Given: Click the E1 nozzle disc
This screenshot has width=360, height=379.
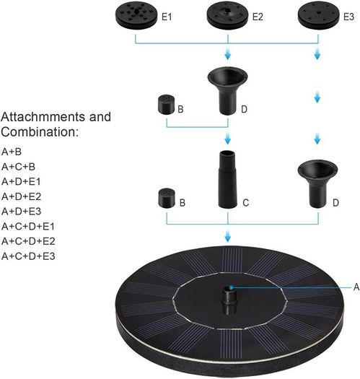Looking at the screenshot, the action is point(136,16).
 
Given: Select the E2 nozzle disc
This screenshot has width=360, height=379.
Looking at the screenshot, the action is point(227,16).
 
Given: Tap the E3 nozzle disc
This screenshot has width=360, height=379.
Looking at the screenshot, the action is point(318,16).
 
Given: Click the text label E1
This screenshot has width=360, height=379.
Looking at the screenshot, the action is point(167,17).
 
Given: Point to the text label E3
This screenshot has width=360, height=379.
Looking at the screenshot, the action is point(348,17).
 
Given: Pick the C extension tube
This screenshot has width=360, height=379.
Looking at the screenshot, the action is point(227,179).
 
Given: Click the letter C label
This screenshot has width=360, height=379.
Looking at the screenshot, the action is point(246,203).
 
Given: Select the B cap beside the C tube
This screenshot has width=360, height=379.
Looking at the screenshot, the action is point(167,198).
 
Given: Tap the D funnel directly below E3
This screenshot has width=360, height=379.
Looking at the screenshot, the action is point(317,183).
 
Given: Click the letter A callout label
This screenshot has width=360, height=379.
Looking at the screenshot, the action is point(356,287).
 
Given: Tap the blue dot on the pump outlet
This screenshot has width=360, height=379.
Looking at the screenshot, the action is point(232,287).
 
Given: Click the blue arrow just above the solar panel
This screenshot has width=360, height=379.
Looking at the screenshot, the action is point(227,236).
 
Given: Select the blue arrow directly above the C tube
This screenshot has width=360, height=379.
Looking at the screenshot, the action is point(227,139).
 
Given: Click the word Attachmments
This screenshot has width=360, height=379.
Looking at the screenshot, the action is point(43,117).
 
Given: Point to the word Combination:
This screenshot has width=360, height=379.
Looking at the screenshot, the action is point(40,132).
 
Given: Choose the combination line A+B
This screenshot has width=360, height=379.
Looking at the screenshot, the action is point(12,152).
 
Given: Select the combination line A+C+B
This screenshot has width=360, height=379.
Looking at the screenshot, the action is point(18,167).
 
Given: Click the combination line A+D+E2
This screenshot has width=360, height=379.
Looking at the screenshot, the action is point(21,196).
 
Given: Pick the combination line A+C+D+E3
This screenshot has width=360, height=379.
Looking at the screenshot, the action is point(28,256).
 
